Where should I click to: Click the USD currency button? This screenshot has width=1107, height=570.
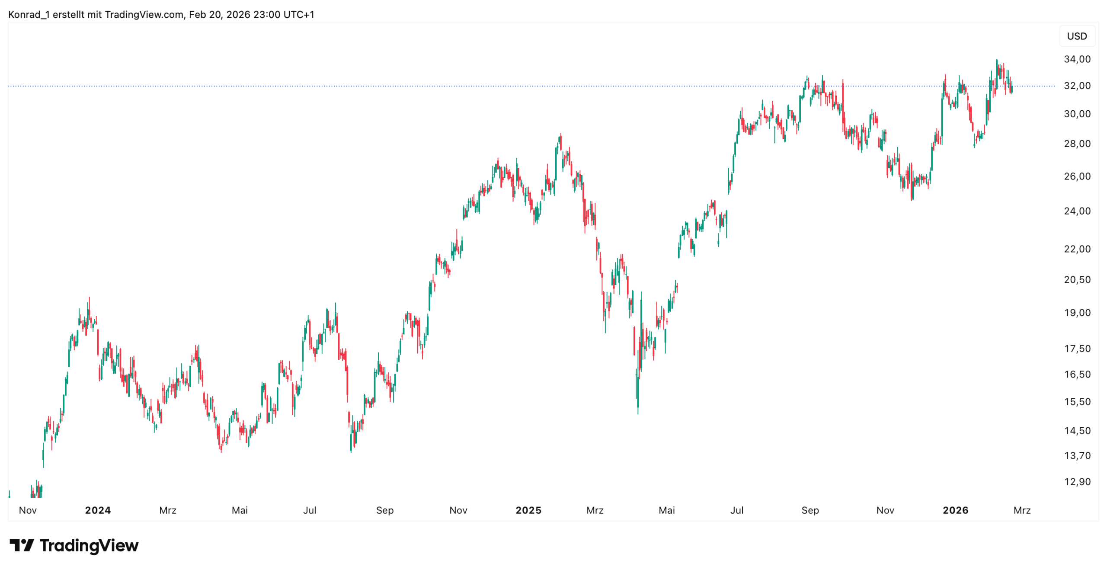(1076, 36)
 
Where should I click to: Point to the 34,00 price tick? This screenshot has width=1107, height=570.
(1077, 59)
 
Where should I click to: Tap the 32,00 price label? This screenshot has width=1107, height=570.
(1077, 86)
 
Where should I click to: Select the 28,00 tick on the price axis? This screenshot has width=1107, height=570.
(1077, 143)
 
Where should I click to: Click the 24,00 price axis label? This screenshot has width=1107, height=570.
(1077, 211)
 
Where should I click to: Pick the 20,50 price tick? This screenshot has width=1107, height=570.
(1077, 279)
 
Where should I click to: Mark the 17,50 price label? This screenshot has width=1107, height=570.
(1077, 348)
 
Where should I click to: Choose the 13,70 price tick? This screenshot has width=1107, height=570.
(1077, 455)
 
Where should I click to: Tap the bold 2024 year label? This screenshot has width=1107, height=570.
(98, 510)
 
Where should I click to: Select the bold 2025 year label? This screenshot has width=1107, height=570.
(528, 510)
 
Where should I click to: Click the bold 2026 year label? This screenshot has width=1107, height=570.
(955, 510)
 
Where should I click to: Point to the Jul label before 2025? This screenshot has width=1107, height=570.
(310, 510)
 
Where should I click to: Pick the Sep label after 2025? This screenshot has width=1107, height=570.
(810, 510)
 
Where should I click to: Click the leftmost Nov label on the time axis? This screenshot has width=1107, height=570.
(28, 510)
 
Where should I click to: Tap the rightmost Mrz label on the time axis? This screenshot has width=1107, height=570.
(1022, 510)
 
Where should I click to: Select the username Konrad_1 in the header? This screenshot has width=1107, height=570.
(29, 14)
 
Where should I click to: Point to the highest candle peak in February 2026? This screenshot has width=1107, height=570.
(996, 61)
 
